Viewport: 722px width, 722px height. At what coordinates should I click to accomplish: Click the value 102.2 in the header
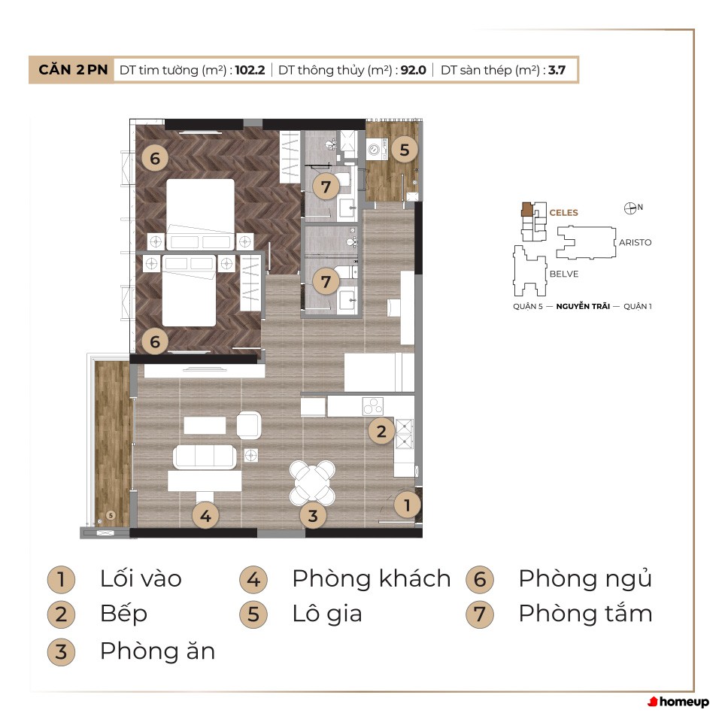tap(250, 70)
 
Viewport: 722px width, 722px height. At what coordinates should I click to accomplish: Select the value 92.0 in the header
tap(413, 70)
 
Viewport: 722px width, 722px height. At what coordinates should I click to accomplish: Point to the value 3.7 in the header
tap(557, 70)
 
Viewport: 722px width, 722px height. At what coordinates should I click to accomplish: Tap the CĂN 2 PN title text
tap(73, 69)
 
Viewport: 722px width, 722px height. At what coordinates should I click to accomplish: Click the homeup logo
tap(678, 702)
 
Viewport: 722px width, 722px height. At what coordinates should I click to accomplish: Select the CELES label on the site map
tap(563, 213)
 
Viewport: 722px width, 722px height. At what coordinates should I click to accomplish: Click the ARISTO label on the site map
tap(635, 243)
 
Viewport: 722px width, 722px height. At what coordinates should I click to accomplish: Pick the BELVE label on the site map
tap(564, 274)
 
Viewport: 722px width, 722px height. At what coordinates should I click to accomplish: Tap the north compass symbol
tap(630, 208)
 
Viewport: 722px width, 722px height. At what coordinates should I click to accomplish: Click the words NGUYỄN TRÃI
tap(583, 306)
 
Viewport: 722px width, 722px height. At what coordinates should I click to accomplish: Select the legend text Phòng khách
tap(372, 578)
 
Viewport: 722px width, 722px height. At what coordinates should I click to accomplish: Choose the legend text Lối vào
tap(141, 578)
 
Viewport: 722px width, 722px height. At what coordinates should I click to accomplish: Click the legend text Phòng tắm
tap(585, 614)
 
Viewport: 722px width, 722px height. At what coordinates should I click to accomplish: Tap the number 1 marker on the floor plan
tap(407, 505)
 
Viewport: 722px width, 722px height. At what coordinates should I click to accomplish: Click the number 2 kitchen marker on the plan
tap(381, 432)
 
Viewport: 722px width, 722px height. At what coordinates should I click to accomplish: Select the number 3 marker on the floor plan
tap(313, 516)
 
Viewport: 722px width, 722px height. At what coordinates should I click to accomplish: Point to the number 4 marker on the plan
tap(205, 516)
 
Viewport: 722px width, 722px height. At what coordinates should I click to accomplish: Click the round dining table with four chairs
tap(312, 482)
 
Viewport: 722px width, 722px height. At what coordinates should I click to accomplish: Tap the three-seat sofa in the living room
tap(205, 457)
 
